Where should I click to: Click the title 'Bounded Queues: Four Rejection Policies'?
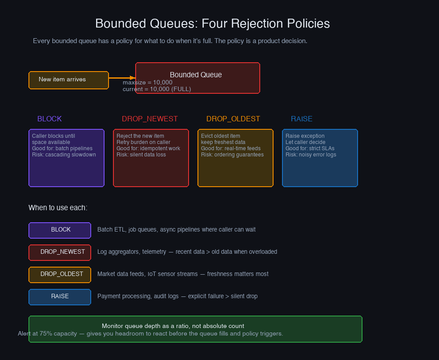(x=213, y=24)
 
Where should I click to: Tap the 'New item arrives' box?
(x=68, y=80)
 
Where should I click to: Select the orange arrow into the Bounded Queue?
(x=122, y=77)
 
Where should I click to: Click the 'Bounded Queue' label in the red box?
(x=196, y=75)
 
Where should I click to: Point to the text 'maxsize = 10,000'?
(x=147, y=83)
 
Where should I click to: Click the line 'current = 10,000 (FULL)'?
(x=157, y=89)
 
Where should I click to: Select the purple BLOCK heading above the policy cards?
(x=49, y=119)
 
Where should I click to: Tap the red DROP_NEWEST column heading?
(x=149, y=119)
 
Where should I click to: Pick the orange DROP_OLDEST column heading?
(x=233, y=119)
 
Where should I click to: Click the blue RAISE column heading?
(x=302, y=119)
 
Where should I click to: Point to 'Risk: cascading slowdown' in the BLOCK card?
(x=64, y=155)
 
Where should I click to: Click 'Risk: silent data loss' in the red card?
(x=141, y=155)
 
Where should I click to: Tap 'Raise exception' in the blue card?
(x=305, y=136)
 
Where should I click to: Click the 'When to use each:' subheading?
(x=58, y=208)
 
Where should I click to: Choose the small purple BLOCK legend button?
(x=60, y=230)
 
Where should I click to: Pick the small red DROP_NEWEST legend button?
(x=60, y=252)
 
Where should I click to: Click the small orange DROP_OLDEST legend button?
(x=60, y=274)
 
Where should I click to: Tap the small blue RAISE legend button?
(x=60, y=296)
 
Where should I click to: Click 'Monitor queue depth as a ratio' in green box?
(x=173, y=326)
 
